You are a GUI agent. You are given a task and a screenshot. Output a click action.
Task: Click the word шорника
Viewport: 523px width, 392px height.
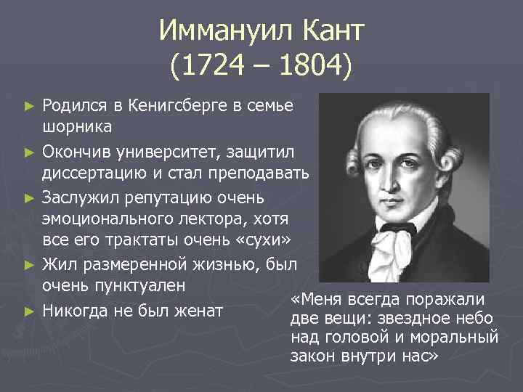click(x=77, y=128)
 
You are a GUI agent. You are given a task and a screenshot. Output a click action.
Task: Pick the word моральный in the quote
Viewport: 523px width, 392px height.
click(x=461, y=338)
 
